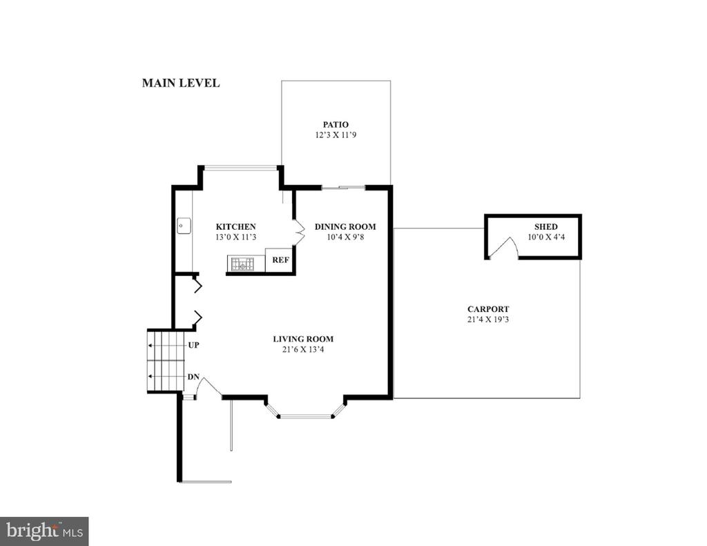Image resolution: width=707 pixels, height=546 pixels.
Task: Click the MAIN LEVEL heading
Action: [x=181, y=83]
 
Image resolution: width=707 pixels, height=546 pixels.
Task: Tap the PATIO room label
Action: [x=336, y=124]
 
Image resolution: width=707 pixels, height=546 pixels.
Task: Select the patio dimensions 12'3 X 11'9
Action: [x=336, y=135]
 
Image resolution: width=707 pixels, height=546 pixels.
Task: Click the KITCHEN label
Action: [x=236, y=227]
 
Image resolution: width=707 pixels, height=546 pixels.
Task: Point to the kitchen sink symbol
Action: [x=184, y=226]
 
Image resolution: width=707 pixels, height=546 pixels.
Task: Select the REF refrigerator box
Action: [x=280, y=260]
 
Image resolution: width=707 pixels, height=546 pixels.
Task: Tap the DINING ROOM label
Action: [x=345, y=227]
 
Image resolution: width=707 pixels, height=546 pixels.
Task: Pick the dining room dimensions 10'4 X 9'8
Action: [x=345, y=237]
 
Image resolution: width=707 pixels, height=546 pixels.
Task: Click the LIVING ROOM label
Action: [x=303, y=339]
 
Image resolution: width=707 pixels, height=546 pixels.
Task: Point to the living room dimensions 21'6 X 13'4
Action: [x=303, y=349]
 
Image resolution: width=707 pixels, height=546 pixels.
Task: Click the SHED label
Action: [x=546, y=227]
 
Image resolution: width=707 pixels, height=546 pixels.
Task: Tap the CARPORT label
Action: [x=488, y=309]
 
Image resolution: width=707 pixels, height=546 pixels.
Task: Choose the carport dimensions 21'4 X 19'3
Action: [x=488, y=320]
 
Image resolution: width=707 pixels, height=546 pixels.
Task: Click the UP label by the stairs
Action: [x=193, y=345]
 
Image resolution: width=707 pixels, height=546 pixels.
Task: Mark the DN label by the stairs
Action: [x=193, y=377]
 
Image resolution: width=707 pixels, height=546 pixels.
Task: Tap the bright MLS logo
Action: [x=44, y=530]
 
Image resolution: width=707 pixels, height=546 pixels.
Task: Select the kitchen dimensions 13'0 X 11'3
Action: [x=236, y=237]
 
